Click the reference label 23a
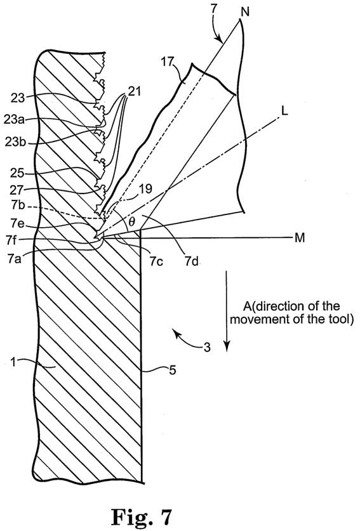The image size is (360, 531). coord(14,120)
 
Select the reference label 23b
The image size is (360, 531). coord(15,143)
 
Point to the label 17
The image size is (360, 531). coord(168,62)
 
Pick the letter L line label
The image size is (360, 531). coord(284,111)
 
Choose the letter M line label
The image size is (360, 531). coord(300,238)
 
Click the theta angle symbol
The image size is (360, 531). coord(132,221)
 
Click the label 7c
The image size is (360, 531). coord(156,261)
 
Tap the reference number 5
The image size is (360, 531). coord(172,370)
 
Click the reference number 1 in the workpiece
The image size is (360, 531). coord(13,362)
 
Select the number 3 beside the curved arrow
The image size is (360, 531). coord(207,348)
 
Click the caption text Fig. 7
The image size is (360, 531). coord(142,516)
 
